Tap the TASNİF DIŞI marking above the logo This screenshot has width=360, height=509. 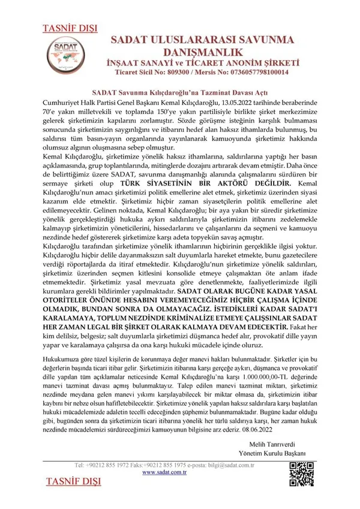pos(65,28)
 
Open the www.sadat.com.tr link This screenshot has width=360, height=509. pos(165,472)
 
